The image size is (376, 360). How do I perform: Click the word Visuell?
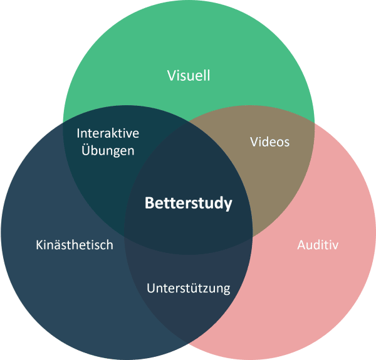[188, 76]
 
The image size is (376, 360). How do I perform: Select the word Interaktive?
[107, 133]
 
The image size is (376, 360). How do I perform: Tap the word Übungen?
[107, 151]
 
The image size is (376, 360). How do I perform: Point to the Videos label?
[269, 141]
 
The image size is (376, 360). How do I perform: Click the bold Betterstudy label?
[188, 203]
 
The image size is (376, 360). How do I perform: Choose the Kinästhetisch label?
[74, 244]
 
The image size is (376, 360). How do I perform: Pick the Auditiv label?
[317, 244]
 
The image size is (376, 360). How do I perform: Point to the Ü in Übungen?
[84, 150]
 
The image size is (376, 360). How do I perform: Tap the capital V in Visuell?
[171, 76]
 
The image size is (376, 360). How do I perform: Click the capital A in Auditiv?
[300, 244]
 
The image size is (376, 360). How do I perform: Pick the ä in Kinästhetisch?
[57, 244]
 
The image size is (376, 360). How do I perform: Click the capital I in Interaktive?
[78, 133]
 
